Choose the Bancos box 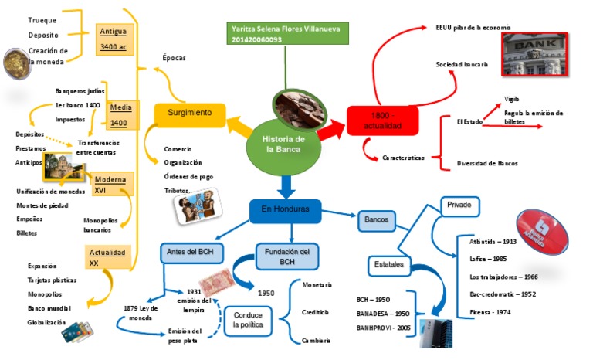[377, 220]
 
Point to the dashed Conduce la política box [252, 321]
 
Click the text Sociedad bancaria [461, 64]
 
